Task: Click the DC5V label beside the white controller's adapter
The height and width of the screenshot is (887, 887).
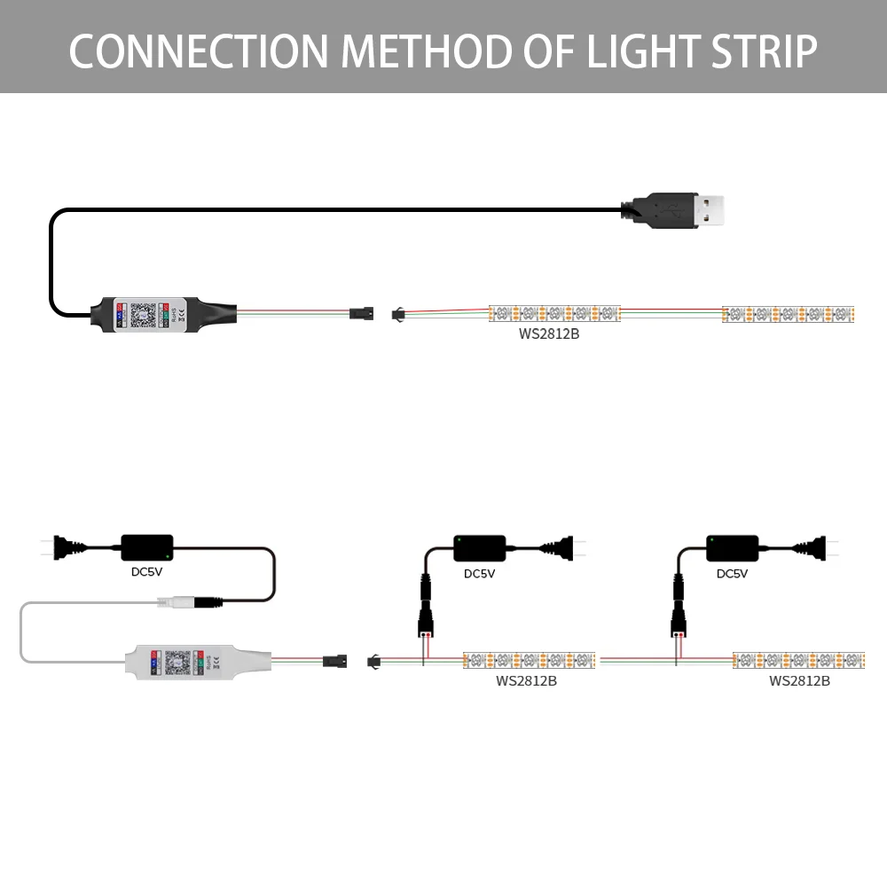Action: pos(146,571)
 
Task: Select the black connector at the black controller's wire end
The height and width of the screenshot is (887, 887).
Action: pos(361,314)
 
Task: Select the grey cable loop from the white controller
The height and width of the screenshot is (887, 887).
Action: pos(21,632)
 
